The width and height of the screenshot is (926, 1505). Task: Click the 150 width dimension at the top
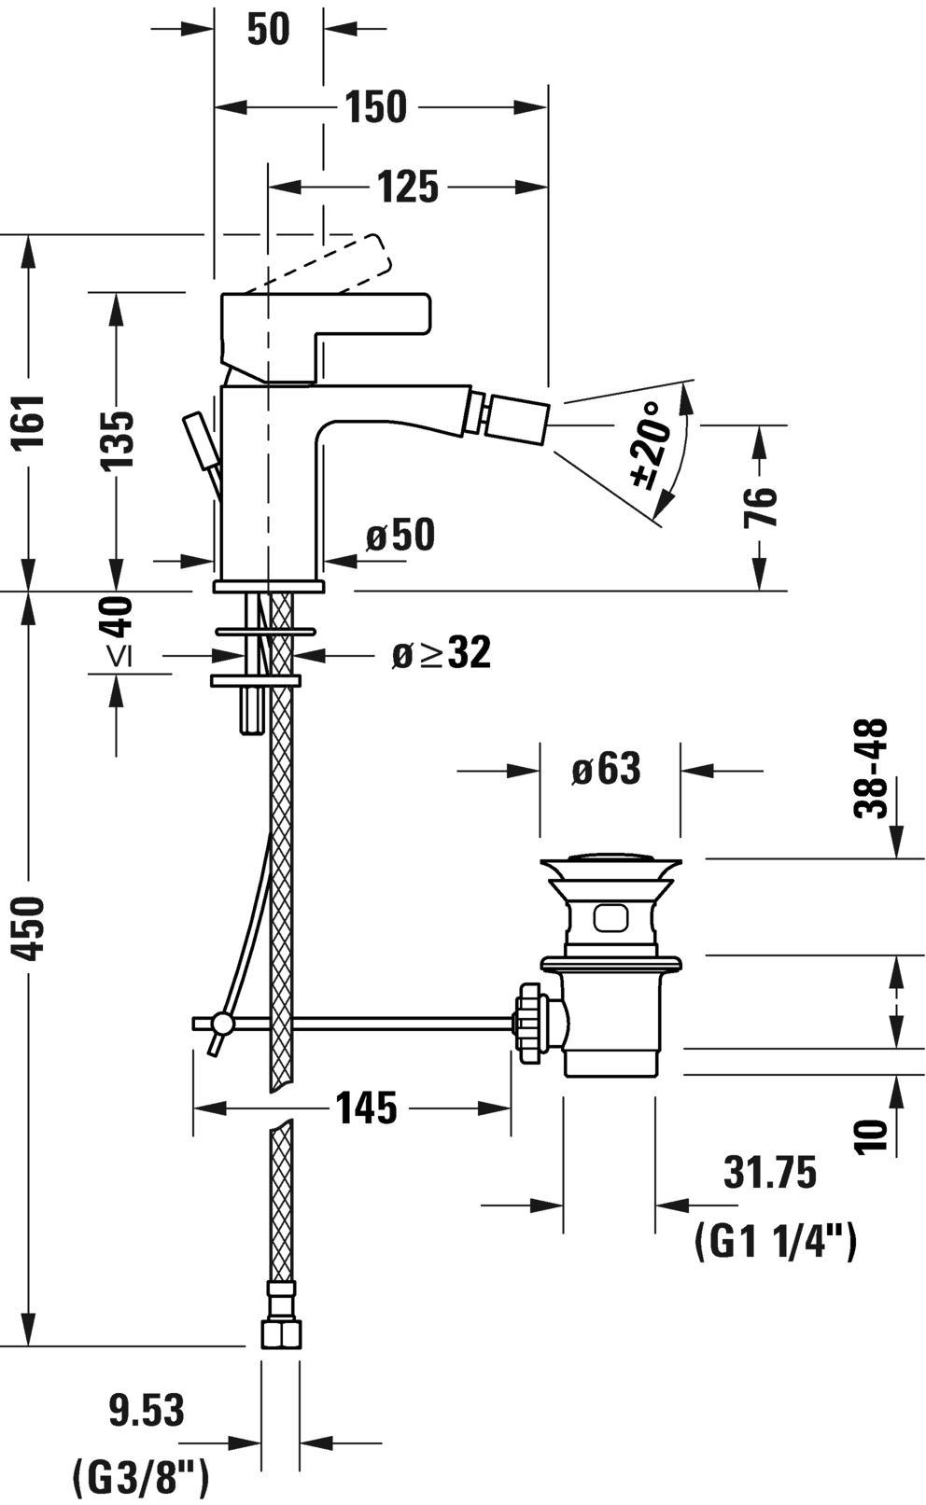click(375, 106)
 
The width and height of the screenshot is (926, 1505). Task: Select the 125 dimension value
click(407, 186)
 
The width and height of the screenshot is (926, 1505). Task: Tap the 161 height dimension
click(30, 421)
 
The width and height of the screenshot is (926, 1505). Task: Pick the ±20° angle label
click(649, 445)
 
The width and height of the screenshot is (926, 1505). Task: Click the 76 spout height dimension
click(760, 507)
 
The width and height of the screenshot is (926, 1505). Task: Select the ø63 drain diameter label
click(606, 769)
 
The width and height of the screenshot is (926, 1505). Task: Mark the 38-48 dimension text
click(871, 769)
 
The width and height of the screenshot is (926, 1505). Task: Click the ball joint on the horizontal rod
click(222, 1024)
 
